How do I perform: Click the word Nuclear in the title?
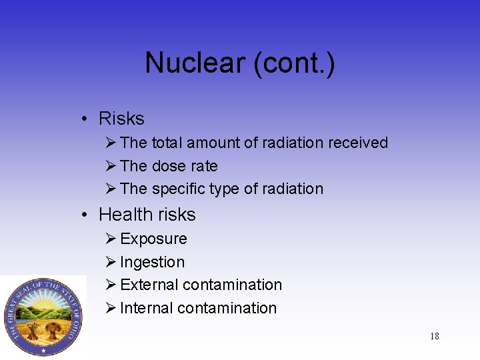[x=194, y=64]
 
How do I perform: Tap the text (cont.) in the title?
[x=293, y=64]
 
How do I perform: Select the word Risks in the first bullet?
[x=121, y=119]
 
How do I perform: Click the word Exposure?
[x=153, y=239]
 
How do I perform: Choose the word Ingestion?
[x=152, y=262]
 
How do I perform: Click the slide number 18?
[x=434, y=336]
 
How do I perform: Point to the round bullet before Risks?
[x=86, y=119]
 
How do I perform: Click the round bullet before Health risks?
[x=86, y=215]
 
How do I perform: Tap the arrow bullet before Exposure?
[x=111, y=238]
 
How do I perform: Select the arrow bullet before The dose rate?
[x=111, y=165]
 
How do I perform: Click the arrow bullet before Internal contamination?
[x=111, y=307]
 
